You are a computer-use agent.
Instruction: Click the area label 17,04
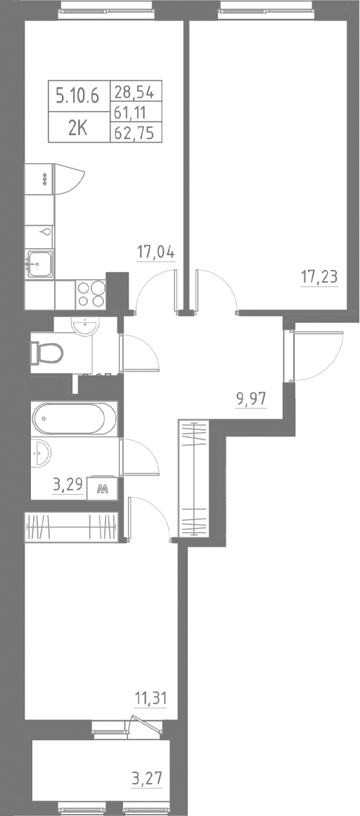pos(155,252)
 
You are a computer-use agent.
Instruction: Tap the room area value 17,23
pos(319,276)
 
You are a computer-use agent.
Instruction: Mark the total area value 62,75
pos(137,131)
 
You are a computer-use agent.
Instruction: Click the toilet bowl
pos(49,351)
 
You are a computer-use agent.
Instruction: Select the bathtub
pos(73,420)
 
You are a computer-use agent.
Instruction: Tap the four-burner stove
pos(91,294)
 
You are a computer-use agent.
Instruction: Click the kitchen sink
pos(39,264)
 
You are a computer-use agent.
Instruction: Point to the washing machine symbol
pos(102,488)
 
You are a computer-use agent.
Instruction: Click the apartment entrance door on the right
pos(290,355)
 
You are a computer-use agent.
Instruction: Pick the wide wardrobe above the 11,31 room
pos(70,527)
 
